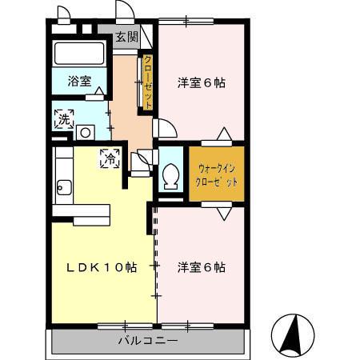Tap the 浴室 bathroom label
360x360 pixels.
[x=79, y=81]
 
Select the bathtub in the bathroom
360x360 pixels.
[x=79, y=53]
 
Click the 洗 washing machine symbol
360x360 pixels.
[x=64, y=119]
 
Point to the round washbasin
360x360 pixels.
[x=86, y=133]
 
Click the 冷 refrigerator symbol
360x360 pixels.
[x=110, y=158]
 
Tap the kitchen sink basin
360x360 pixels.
[x=64, y=187]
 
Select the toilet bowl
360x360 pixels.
[x=170, y=177]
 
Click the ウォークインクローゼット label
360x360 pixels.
[x=217, y=175]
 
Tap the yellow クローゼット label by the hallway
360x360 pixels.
[x=148, y=82]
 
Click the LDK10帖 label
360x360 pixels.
[x=102, y=267]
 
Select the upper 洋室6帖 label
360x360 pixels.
[x=202, y=83]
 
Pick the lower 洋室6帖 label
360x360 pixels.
[x=202, y=267]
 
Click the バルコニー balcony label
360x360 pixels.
[x=148, y=341]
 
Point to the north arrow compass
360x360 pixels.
[x=293, y=335]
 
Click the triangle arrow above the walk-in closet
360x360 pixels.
[x=224, y=134]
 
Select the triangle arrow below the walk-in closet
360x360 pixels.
[x=224, y=214]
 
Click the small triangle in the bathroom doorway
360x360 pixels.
[x=99, y=90]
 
